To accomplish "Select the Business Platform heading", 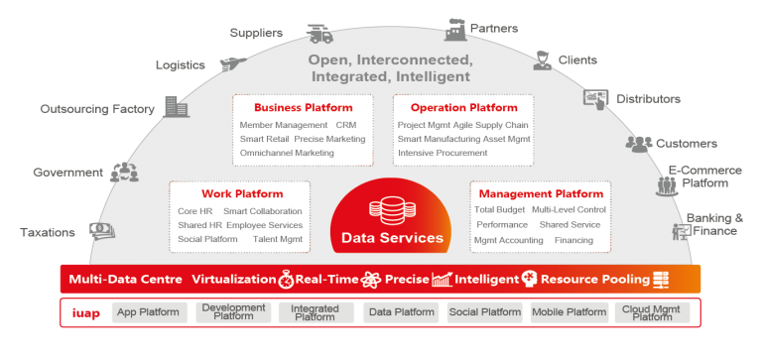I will click(303, 108).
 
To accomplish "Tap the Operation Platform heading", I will click(463, 108).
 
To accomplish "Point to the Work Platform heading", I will click(242, 194).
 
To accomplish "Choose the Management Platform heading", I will click(541, 194).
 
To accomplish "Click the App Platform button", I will click(148, 312).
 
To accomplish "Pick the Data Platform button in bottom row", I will click(401, 312).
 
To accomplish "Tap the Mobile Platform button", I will click(569, 312).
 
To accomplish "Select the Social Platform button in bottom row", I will click(484, 312).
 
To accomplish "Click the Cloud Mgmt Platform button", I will click(652, 312).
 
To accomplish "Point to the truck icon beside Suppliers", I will click(319, 35).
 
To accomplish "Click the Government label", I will click(67, 173).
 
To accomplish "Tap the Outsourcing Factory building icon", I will click(176, 107).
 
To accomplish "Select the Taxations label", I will click(47, 233).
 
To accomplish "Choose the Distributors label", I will click(649, 99).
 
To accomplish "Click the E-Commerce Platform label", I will click(704, 177).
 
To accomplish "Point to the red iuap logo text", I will click(86, 312).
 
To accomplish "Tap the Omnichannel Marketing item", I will click(287, 153).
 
